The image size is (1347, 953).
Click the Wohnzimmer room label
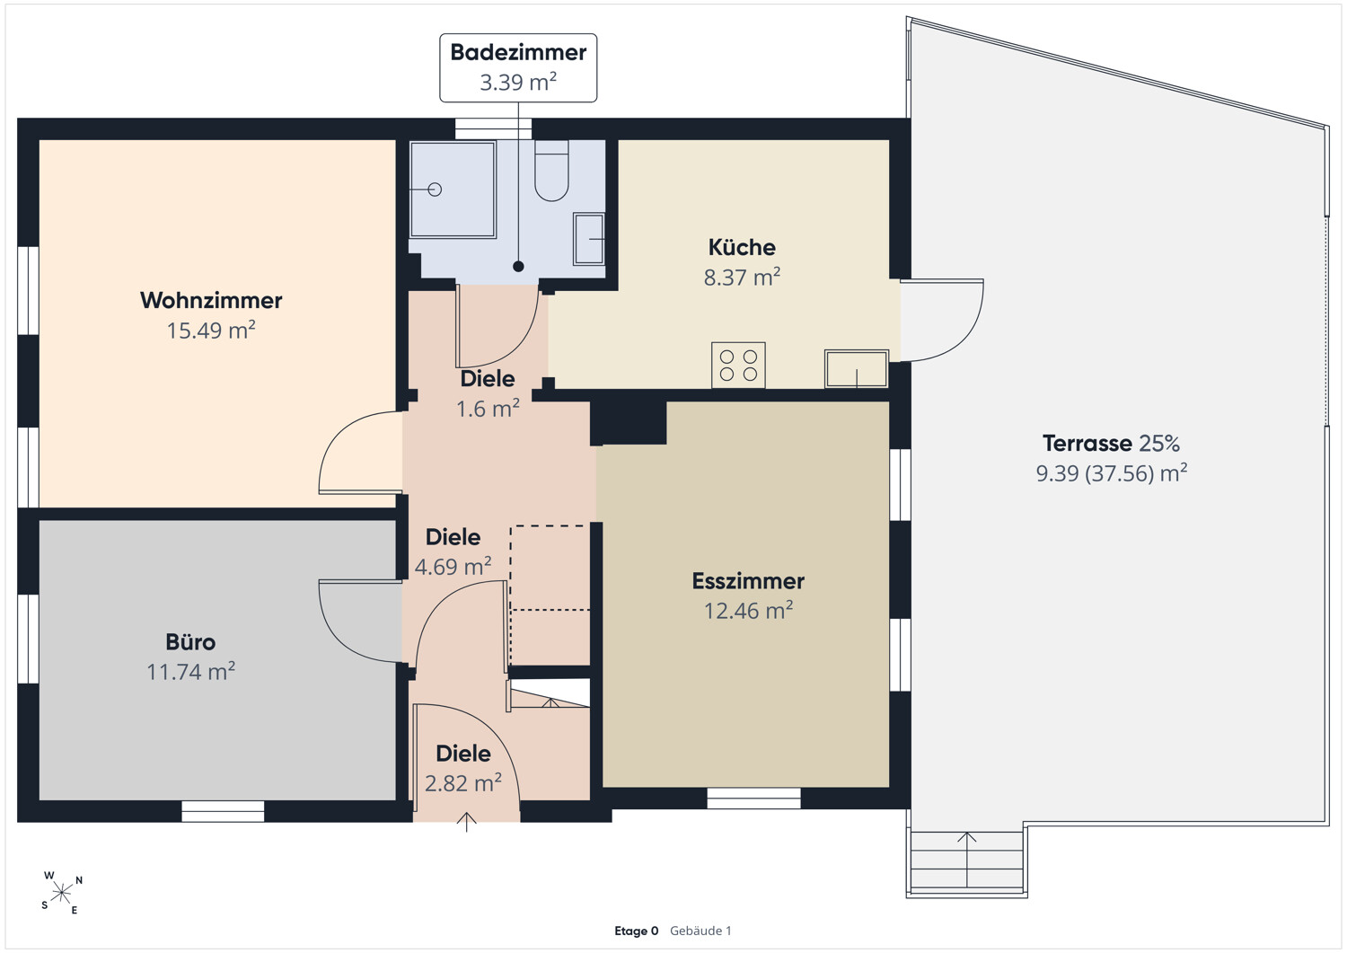211,300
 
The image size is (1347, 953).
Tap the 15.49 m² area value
211,331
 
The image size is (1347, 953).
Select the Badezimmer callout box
518,68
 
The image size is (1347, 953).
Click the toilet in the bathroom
551,171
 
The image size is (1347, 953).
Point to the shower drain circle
436,190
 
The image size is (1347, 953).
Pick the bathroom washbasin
589,239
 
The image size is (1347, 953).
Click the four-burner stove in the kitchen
738,366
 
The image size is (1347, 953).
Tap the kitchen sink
857,368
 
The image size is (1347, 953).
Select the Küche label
742,247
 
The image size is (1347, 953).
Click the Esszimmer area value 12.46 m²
749,611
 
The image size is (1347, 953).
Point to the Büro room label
190,642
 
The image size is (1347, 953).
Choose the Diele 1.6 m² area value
488,409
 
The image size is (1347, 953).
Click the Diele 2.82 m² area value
463,783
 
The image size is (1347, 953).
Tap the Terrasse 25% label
1112,444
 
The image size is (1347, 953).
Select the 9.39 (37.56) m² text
1112,473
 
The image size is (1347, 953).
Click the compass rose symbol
62,893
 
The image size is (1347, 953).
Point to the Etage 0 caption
636,931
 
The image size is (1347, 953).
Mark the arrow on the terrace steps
967,860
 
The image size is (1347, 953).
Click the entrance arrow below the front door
467,823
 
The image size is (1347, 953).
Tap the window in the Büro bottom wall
223,811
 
